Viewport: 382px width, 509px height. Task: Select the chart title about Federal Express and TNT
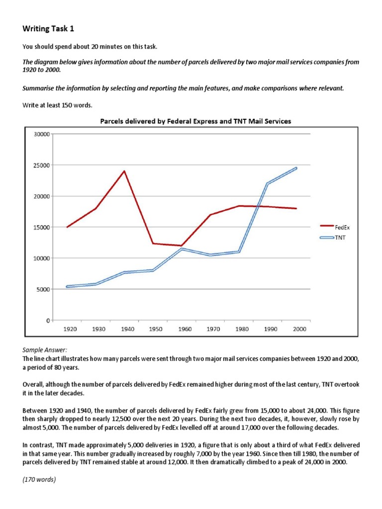point(195,121)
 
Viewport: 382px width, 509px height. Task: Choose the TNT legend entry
point(341,238)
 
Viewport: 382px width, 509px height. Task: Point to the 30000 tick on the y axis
point(41,134)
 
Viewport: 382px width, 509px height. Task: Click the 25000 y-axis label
point(41,165)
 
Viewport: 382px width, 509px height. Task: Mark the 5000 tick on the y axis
point(43,289)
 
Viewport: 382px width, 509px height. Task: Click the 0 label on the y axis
point(48,320)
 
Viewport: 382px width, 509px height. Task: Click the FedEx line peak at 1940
point(124,171)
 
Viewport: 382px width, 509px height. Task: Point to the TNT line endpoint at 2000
point(296,168)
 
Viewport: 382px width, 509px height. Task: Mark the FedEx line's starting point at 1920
point(67,227)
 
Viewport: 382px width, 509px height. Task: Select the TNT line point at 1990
point(268,183)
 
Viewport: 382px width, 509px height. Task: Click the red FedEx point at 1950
point(153,244)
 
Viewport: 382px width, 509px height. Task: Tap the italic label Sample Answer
point(42,350)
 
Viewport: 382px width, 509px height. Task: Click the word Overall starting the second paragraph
point(34,384)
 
